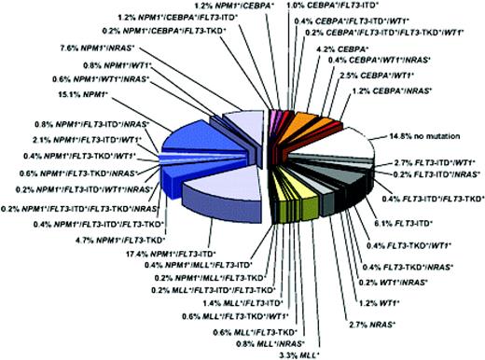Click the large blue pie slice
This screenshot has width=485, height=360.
click(x=191, y=149)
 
